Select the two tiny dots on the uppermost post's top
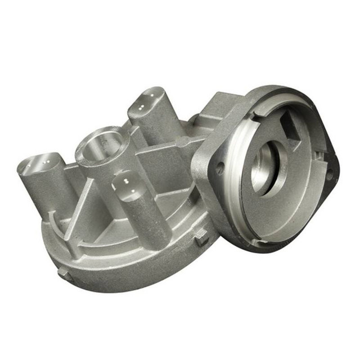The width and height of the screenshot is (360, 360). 147,97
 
